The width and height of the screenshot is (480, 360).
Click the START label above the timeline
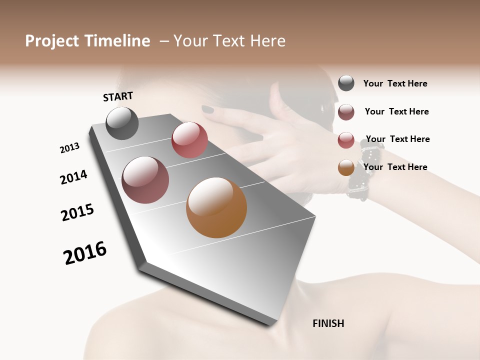118,96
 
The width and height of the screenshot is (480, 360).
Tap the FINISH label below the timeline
328,323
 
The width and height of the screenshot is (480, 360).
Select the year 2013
69,148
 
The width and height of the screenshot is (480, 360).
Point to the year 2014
73,177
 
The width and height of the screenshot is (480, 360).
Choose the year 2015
77,212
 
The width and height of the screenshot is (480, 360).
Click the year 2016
85,253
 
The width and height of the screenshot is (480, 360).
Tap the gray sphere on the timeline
122,123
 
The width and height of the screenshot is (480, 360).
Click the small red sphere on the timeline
189,140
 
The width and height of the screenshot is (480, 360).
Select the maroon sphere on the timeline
145,180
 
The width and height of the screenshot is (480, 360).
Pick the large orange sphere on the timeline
216,207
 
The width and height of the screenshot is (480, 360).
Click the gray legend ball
346,83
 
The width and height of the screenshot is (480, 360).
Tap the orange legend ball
346,167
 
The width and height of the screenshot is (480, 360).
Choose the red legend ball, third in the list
346,140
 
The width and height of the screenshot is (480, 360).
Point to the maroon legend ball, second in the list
346,112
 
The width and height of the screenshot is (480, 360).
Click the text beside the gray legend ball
395,83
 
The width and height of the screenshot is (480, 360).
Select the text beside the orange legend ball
395,167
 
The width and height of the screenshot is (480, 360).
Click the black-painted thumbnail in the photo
207,109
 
